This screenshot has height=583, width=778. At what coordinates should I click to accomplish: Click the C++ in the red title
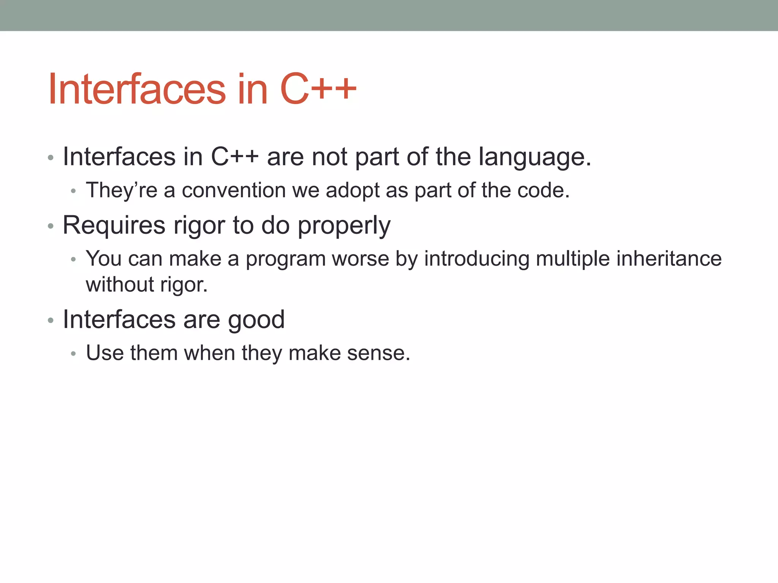tap(318, 90)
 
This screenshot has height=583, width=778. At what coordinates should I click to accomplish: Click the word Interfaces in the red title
tap(137, 90)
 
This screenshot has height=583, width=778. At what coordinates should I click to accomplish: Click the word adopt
tap(353, 191)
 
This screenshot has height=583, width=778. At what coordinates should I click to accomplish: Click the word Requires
tap(114, 225)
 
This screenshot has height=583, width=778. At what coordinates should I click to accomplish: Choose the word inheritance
tap(669, 259)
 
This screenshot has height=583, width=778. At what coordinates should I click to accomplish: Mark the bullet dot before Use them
tap(74, 354)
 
